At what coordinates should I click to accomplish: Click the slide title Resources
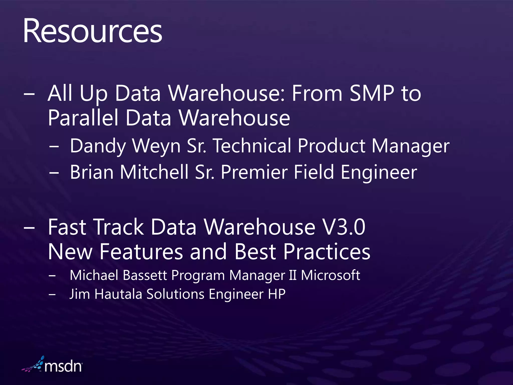[x=93, y=31]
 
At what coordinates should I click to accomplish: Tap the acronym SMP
[x=372, y=93]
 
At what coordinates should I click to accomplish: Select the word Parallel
[x=83, y=118]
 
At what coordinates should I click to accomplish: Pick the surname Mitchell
[x=154, y=172]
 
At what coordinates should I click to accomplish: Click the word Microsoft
[x=330, y=275]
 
